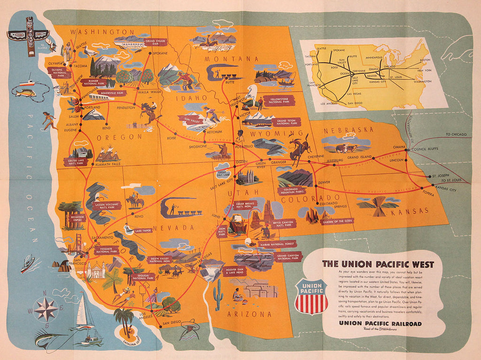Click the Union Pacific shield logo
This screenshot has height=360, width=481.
pos(311,296)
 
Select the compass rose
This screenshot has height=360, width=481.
pos(46,309)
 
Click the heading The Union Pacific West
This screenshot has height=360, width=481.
pos(378,264)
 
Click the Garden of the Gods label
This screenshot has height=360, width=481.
pos(337,222)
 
